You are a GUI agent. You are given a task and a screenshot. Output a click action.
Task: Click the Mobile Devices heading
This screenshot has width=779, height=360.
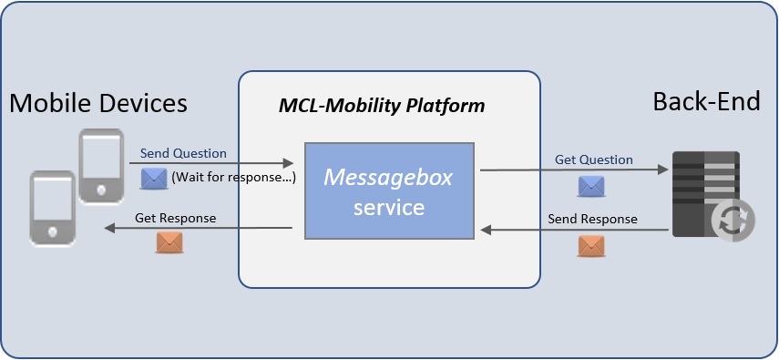98,103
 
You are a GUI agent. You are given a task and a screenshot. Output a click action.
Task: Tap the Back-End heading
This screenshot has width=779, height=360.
706,101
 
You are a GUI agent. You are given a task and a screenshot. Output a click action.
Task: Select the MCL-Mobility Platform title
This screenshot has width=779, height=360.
381,107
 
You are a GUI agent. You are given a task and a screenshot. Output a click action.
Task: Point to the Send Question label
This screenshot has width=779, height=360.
183,153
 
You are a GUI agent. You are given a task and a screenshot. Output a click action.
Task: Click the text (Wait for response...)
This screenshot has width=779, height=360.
233,178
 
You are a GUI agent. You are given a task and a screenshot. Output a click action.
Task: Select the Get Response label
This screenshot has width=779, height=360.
176,218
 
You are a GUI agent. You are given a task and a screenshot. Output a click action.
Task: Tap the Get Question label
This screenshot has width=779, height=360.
593,159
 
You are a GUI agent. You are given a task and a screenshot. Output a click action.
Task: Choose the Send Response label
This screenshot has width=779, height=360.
592,219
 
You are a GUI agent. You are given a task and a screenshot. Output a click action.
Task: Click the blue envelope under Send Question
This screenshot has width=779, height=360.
154,178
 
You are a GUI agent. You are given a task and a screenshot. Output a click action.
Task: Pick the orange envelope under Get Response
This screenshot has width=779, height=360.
169,242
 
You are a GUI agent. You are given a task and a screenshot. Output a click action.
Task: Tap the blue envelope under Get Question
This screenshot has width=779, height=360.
591,186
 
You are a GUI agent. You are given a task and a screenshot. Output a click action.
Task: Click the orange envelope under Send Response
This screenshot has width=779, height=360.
591,246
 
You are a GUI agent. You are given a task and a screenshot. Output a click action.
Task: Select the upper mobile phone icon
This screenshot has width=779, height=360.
99,166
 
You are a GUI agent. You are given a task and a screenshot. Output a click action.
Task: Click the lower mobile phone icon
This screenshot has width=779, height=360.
53,208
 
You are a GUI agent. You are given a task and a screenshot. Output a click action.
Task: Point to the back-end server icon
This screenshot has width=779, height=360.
704,194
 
